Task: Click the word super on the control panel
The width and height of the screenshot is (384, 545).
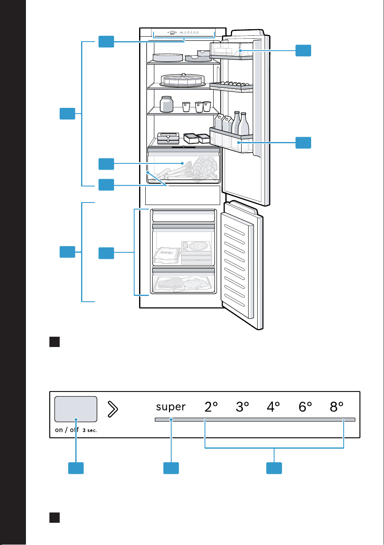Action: tap(170, 407)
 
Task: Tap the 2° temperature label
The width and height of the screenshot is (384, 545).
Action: tap(211, 407)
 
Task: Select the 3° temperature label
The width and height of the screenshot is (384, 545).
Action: tap(242, 407)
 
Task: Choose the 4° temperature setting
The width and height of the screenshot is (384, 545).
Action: tap(273, 407)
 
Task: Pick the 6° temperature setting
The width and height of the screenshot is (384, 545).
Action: tap(305, 407)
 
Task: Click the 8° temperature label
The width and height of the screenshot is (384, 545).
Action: tap(337, 407)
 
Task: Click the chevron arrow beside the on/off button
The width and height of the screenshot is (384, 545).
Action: tap(113, 409)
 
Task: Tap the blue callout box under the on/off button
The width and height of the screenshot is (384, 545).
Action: tap(76, 468)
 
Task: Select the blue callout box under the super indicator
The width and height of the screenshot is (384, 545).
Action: tap(171, 468)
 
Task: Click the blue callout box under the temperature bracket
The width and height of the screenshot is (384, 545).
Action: tap(274, 468)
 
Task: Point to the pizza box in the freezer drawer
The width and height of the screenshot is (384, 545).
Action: tap(197, 253)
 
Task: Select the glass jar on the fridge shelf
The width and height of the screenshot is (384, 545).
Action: tap(167, 104)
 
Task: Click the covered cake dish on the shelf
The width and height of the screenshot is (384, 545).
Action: tap(182, 80)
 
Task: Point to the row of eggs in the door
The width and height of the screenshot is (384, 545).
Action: tap(234, 84)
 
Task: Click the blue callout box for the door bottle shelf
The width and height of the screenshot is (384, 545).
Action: tap(303, 142)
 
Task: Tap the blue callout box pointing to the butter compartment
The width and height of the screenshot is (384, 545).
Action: tap(303, 51)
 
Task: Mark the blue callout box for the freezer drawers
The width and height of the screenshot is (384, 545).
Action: tap(106, 253)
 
